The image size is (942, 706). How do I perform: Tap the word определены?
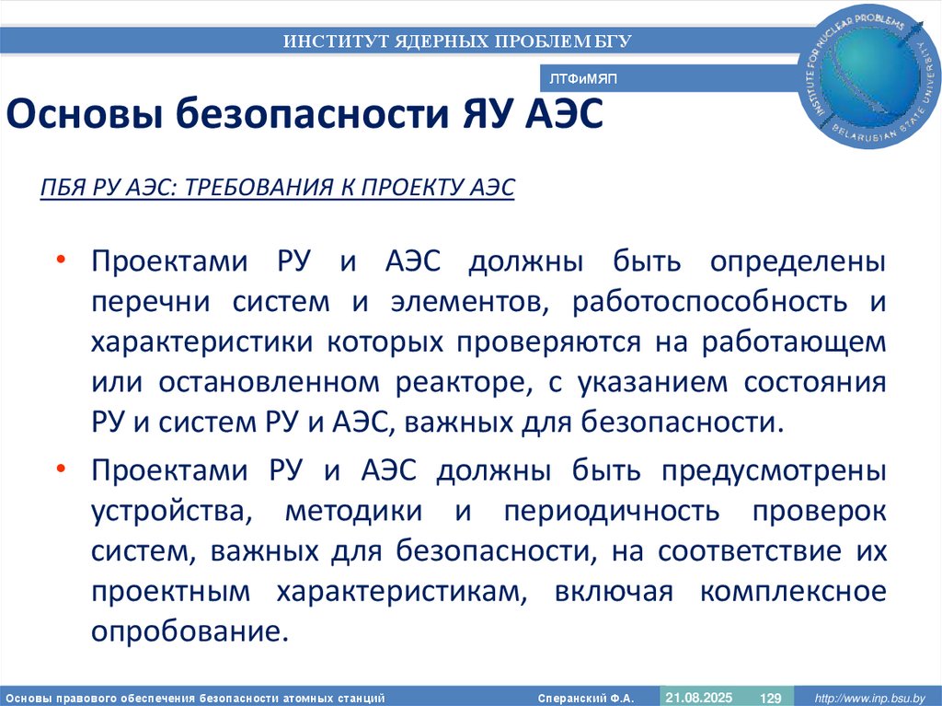(798, 261)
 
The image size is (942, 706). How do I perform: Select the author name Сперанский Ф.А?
(585, 698)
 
